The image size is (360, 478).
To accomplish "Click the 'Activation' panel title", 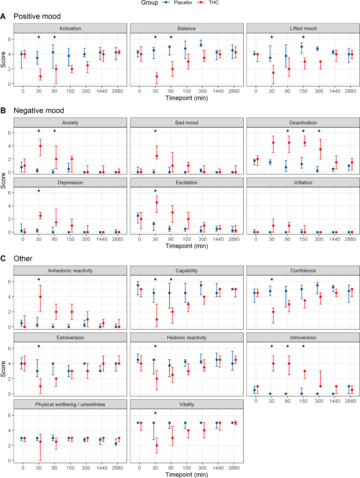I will coord(68,28).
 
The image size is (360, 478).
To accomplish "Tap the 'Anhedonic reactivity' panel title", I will coord(68,270).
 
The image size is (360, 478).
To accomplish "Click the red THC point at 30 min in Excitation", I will coord(156,203).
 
